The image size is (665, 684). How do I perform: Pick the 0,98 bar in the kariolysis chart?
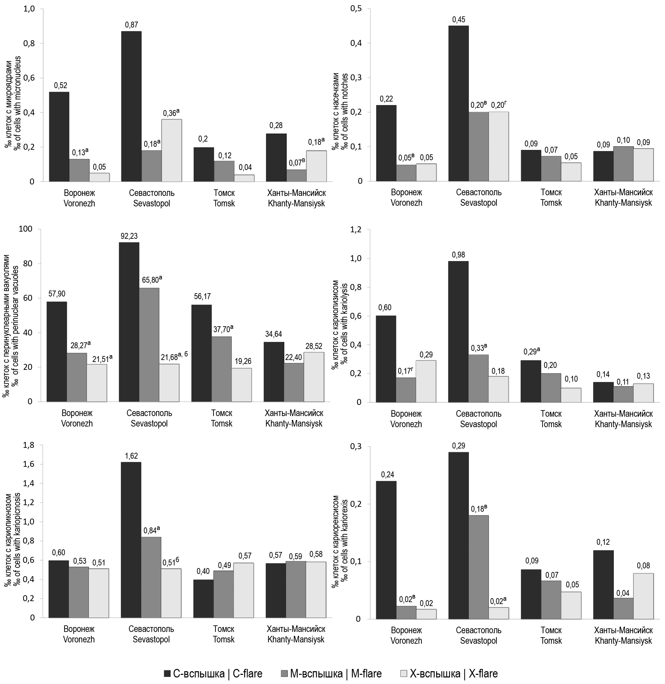pos(458,332)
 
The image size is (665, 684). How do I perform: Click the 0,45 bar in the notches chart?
pos(459,103)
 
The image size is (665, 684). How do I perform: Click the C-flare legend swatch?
pos(167,674)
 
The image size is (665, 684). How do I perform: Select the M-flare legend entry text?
pos(336,674)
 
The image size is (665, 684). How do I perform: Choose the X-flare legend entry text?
pos(454,674)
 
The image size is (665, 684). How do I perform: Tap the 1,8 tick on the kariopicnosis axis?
pos(29,445)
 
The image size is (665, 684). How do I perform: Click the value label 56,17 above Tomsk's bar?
pos(202,296)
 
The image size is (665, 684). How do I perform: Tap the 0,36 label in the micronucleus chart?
pos(171,113)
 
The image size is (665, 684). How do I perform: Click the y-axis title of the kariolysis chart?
pos(340,325)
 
